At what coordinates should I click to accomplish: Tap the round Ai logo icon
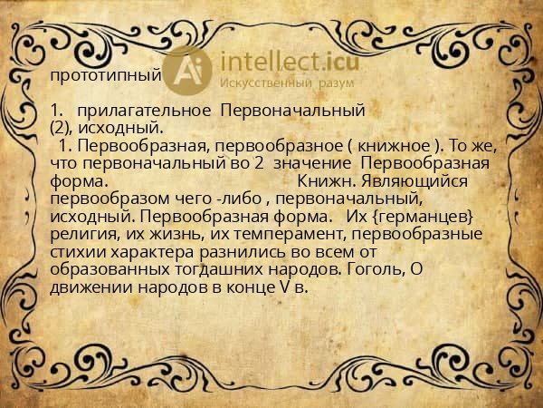(x=188, y=70)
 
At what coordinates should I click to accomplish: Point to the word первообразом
(x=109, y=197)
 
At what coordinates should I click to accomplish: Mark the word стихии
(x=79, y=248)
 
